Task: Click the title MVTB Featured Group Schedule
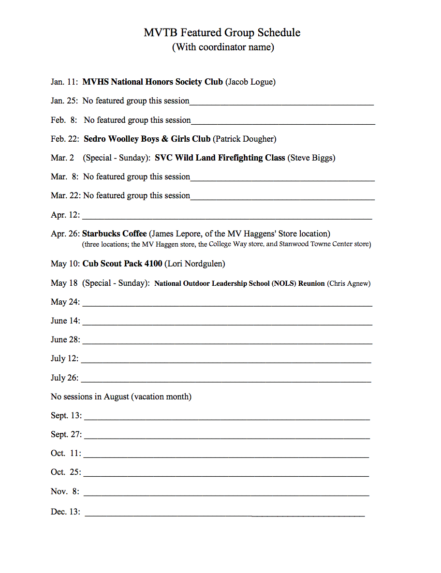click(222, 33)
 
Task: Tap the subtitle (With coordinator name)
click(223, 47)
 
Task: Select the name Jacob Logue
click(250, 82)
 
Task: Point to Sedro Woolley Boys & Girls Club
click(147, 139)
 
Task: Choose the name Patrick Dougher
click(245, 139)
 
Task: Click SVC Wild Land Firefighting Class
click(220, 158)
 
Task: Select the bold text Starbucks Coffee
click(114, 234)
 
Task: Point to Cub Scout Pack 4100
click(122, 264)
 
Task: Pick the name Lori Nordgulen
click(195, 264)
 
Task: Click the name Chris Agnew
click(349, 283)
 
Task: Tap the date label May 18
click(64, 283)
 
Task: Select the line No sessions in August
click(121, 397)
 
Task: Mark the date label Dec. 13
click(65, 512)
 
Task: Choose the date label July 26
click(64, 378)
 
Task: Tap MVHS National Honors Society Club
click(152, 82)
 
